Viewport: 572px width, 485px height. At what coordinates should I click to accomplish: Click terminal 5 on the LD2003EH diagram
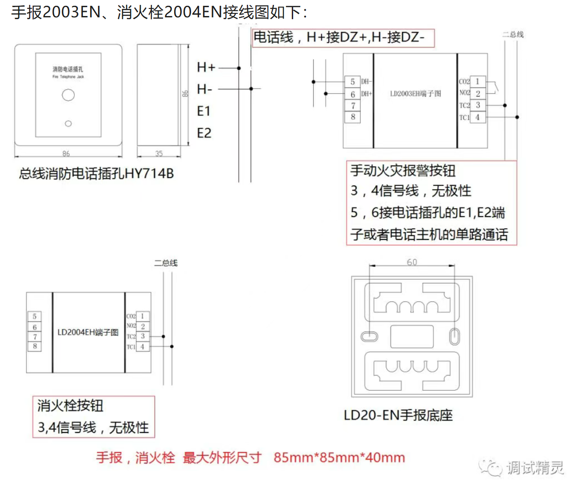[352, 82]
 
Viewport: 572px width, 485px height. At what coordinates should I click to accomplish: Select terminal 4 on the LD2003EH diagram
[478, 117]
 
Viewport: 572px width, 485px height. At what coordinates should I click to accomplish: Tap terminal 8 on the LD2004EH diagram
[35, 346]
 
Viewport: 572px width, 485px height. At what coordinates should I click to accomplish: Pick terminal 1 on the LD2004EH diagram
[143, 316]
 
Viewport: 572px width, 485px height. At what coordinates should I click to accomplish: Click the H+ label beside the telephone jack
[206, 68]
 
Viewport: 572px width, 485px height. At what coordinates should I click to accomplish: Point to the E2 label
[204, 133]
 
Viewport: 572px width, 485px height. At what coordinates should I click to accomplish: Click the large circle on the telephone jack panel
[68, 95]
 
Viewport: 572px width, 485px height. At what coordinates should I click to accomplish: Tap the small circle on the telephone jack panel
[68, 124]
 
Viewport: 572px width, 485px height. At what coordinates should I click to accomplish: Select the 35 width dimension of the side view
[159, 154]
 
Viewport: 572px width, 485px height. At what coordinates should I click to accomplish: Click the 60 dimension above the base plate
[412, 262]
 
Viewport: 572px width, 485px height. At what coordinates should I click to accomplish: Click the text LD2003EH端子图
[415, 94]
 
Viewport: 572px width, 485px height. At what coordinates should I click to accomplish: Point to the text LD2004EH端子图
[88, 332]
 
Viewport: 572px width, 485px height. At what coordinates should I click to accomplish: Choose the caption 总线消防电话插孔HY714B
[96, 174]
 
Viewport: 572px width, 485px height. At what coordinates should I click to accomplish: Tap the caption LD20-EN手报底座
[398, 416]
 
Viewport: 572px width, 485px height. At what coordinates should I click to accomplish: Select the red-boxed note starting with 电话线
[343, 37]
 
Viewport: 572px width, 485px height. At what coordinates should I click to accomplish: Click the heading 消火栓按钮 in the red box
[70, 406]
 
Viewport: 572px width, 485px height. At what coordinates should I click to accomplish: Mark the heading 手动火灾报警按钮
[403, 171]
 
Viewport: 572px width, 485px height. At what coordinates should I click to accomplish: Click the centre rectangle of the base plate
[412, 336]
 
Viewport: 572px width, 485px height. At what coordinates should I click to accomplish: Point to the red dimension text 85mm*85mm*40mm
[339, 457]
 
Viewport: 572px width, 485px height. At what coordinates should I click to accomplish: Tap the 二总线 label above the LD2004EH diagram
[166, 263]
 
